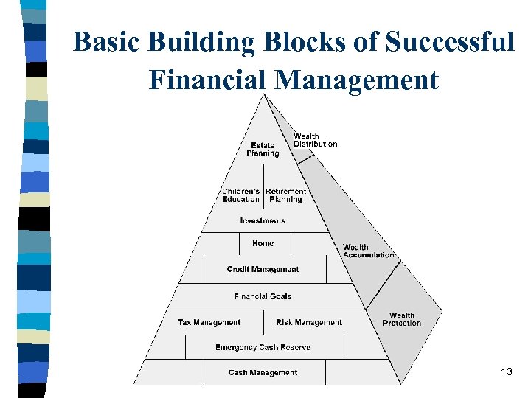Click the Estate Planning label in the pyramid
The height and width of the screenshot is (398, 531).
point(263,149)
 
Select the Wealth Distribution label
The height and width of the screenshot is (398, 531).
point(315,139)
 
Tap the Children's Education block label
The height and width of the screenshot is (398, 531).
point(241,195)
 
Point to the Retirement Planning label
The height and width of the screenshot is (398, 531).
point(285,195)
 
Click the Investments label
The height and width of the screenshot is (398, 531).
point(263,221)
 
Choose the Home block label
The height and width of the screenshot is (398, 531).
point(263,243)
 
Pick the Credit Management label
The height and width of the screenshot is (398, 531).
point(263,270)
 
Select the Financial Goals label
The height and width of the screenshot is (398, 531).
point(263,296)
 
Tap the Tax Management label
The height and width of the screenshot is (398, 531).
point(209,322)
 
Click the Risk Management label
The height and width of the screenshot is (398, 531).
point(309,322)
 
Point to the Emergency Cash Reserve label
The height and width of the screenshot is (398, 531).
point(263,347)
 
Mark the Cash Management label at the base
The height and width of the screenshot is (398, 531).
point(263,373)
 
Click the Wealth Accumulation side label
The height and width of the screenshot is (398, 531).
point(368,251)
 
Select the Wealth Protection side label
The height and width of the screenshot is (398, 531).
point(402,319)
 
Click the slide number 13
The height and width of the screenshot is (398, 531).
point(506,371)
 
